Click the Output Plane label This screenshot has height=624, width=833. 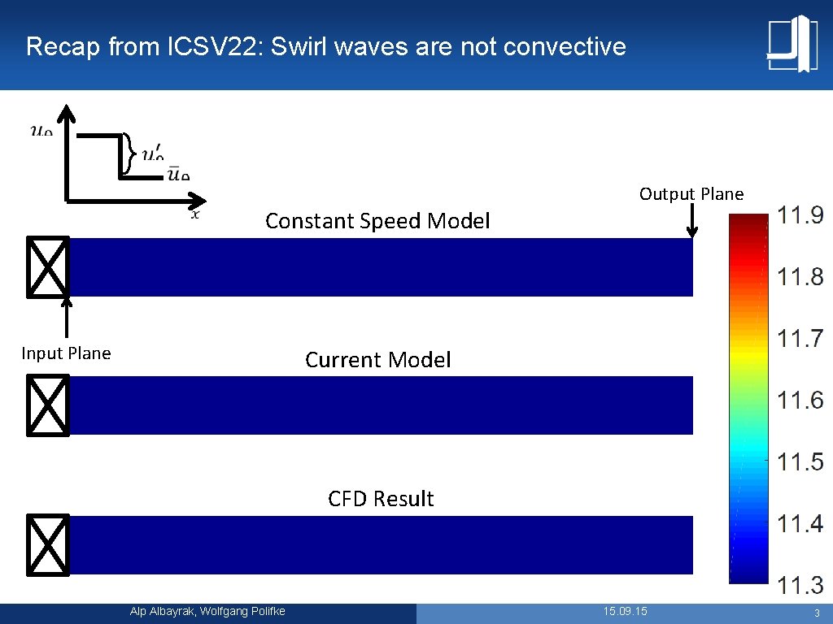click(x=691, y=193)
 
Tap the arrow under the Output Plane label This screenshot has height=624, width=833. click(x=691, y=221)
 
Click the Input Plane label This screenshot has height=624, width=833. click(x=66, y=353)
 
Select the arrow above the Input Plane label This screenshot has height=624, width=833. click(x=67, y=317)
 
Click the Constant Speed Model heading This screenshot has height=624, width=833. click(x=377, y=221)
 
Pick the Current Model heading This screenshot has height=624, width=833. click(x=377, y=360)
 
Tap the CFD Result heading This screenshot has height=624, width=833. click(x=381, y=499)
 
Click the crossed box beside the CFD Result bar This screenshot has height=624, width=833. click(x=48, y=544)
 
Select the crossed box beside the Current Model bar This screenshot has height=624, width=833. click(x=48, y=405)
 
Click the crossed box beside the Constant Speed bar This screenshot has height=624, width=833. click(x=48, y=266)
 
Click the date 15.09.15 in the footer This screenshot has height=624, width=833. click(x=625, y=611)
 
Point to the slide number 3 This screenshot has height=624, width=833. click(x=815, y=612)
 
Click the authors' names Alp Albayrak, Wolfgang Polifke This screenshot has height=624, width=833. click(x=207, y=611)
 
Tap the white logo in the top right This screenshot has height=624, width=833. click(x=792, y=43)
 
